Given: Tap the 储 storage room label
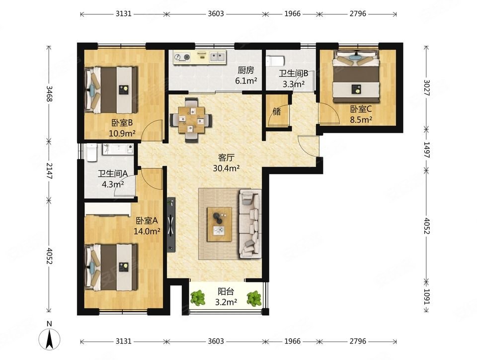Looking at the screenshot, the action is (x=277, y=112).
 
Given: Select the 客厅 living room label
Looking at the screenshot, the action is (x=227, y=158).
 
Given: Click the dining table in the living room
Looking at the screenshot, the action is (x=191, y=120).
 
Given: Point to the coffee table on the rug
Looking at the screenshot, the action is (x=219, y=224).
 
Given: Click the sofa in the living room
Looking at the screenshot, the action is (x=250, y=224).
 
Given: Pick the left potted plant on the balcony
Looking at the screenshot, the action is (x=198, y=298).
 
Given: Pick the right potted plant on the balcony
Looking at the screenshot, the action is (x=254, y=298).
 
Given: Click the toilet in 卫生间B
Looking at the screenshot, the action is (x=275, y=61).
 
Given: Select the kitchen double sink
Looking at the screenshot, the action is (x=218, y=57).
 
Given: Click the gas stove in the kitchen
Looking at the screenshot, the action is (x=182, y=57).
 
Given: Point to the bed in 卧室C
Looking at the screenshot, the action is (x=356, y=77).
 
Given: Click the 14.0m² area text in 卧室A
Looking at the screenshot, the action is (x=147, y=232).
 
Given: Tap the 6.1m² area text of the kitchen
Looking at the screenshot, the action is (x=246, y=81).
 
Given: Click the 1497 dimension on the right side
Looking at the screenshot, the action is (x=426, y=150).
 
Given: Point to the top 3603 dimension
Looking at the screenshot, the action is (x=216, y=14).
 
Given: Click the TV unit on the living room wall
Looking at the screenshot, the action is (x=171, y=225).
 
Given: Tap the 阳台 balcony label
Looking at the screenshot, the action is (x=226, y=291).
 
